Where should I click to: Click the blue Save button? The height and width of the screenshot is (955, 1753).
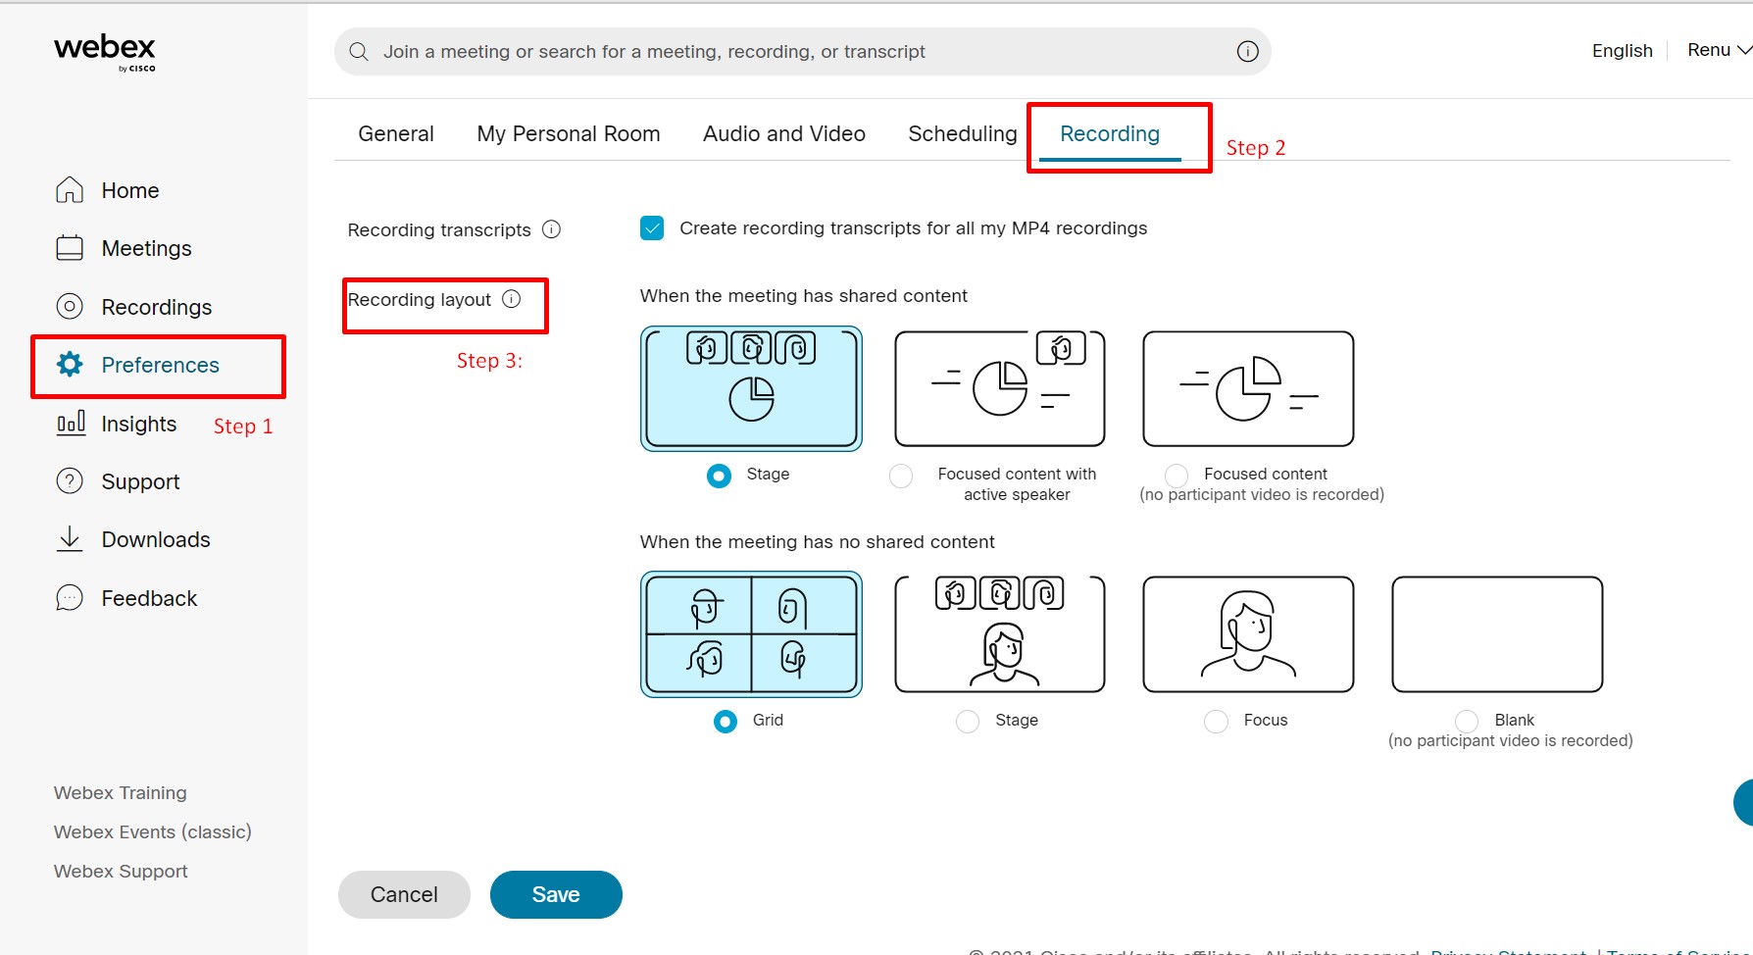click(x=556, y=894)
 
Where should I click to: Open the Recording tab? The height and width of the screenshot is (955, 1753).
click(x=1109, y=134)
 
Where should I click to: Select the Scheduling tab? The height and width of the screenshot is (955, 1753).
click(x=962, y=134)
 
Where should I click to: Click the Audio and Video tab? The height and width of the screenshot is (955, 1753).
click(x=783, y=134)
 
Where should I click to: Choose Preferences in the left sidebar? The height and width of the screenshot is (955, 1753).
click(x=160, y=365)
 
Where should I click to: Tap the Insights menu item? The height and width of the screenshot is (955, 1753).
click(x=138, y=424)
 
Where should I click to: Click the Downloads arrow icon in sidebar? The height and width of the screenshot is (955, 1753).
click(x=70, y=539)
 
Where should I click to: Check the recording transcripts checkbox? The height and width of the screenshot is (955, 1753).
click(x=652, y=228)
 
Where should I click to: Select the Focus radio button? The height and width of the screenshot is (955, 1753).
click(x=1216, y=722)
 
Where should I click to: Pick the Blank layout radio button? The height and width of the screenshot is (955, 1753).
click(x=1467, y=722)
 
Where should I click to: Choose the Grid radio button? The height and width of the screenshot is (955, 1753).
click(x=726, y=722)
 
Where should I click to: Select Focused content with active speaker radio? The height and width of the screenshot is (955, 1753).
click(x=901, y=476)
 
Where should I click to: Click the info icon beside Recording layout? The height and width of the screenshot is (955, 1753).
click(x=512, y=299)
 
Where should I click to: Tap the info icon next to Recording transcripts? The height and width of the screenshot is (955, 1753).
click(x=552, y=229)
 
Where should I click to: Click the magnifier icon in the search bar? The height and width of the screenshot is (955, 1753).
click(x=359, y=52)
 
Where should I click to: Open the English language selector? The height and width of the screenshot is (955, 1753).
click(x=1622, y=51)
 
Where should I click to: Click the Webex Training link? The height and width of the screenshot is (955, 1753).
click(x=120, y=792)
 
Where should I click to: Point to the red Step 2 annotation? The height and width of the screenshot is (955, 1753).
click(x=1255, y=148)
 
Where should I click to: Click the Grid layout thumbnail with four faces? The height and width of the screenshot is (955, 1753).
click(x=751, y=634)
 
